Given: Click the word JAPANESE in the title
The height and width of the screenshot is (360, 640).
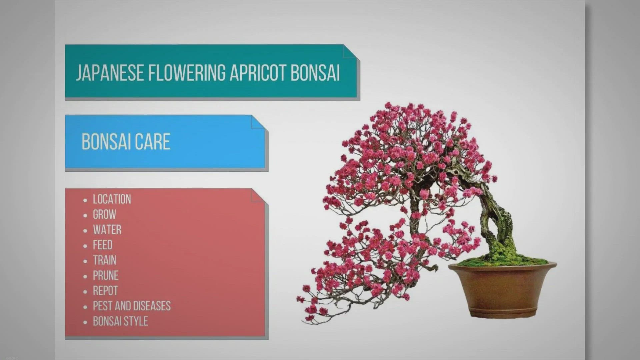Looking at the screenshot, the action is click(110, 73).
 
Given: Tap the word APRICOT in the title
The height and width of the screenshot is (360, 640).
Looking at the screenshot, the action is click(258, 73).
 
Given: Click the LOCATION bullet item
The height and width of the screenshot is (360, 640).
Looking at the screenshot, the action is click(112, 199).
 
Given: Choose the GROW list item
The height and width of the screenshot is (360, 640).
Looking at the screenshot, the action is click(105, 215).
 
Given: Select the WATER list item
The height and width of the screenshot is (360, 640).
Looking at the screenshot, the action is click(107, 230).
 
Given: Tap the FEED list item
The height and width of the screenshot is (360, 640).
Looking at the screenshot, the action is click(103, 245).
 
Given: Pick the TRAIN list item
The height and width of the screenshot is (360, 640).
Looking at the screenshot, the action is click(105, 260).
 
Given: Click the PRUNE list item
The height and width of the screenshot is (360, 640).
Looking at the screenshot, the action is click(106, 276).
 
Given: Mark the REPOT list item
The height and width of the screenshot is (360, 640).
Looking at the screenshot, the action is click(105, 291).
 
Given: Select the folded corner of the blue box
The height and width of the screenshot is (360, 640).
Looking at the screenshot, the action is click(258, 122).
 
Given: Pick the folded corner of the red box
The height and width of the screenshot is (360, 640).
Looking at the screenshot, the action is click(258, 195).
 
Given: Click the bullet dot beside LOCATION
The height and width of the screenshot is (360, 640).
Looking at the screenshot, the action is click(85, 200).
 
